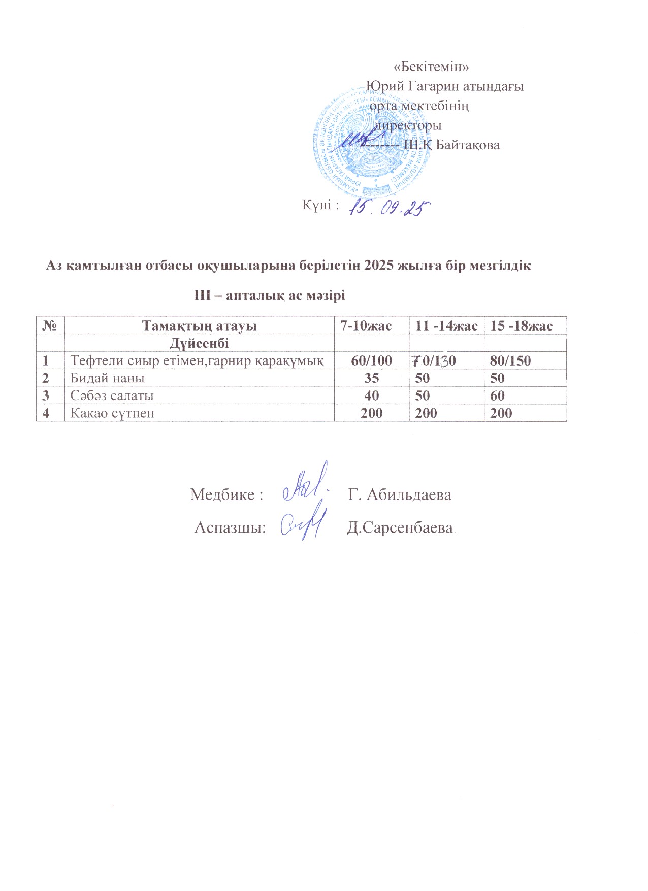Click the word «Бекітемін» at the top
click(x=431, y=67)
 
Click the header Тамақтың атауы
click(x=199, y=326)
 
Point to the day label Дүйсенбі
click(x=199, y=343)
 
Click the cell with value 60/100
click(x=372, y=361)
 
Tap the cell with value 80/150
click(x=510, y=361)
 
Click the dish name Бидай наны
click(x=107, y=378)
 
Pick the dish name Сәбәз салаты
click(x=112, y=396)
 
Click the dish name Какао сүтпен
click(x=112, y=413)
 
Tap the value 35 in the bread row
click(x=372, y=378)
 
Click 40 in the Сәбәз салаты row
click(x=372, y=396)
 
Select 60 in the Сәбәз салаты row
click(x=498, y=396)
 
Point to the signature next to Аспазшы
click(x=303, y=523)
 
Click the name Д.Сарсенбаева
click(x=400, y=528)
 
